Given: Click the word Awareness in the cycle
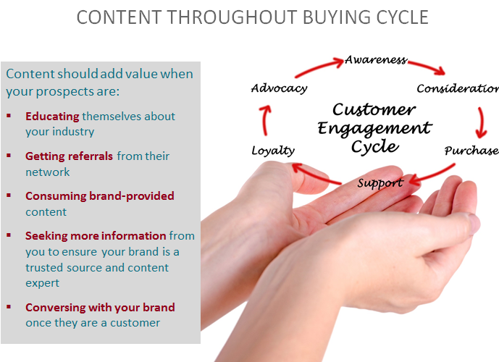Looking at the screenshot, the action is click(x=376, y=59).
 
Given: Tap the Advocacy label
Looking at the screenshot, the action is click(x=279, y=88).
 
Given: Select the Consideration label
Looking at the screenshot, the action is click(x=458, y=88).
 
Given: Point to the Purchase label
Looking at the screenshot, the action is click(x=471, y=151).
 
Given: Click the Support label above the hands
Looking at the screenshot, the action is click(x=380, y=183).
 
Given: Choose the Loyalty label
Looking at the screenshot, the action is click(x=273, y=151).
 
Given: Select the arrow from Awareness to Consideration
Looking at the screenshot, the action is click(x=427, y=67).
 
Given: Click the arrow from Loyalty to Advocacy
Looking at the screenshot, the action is click(x=265, y=120).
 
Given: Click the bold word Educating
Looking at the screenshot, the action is click(x=52, y=117).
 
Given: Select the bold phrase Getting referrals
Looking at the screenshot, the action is click(x=69, y=156).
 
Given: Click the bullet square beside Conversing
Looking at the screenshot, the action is click(x=9, y=307).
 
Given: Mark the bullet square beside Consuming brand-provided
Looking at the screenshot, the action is click(x=9, y=195).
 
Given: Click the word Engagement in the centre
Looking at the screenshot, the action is click(x=374, y=129).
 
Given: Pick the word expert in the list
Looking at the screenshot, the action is click(x=42, y=283).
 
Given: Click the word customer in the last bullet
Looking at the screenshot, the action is click(x=135, y=323).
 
